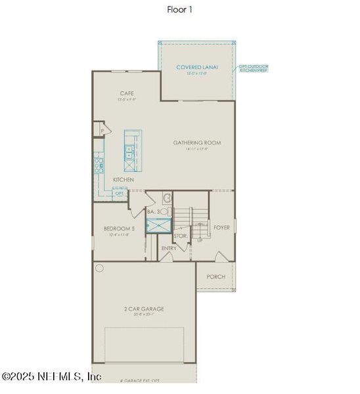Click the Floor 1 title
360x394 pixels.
[x=180, y=9]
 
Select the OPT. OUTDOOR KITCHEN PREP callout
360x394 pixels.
[x=253, y=68]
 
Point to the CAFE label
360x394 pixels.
[x=127, y=93]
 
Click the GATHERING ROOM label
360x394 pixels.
[x=196, y=142]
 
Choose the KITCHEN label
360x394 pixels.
[x=124, y=179]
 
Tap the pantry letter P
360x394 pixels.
[x=102, y=131]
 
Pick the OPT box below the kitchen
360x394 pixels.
[x=119, y=193]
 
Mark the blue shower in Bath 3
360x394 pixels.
[x=158, y=226]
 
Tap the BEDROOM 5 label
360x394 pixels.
[x=119, y=229]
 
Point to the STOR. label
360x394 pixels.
[x=181, y=235]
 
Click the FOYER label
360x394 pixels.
[x=221, y=227]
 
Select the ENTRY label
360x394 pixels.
[x=168, y=248]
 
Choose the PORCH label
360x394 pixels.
[x=215, y=276]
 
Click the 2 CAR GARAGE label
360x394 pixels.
[x=143, y=309]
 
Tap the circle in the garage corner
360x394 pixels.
[x=100, y=268]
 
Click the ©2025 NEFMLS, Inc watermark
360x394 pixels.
[x=51, y=377]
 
